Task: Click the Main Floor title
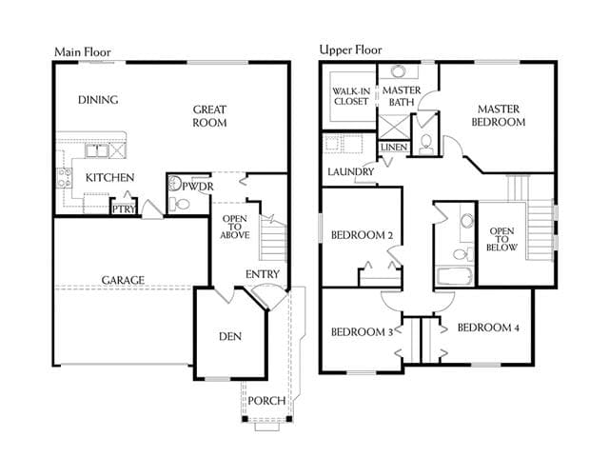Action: pos(83,52)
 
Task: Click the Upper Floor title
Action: pos(350,50)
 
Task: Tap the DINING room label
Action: pos(98,100)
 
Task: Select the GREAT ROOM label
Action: pos(209,116)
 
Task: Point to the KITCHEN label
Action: pos(110,178)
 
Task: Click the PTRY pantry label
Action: pos(124,209)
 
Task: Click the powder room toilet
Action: pos(180,204)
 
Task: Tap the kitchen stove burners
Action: pos(65,177)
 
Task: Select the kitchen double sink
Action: pos(97,150)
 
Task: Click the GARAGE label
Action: pos(123,280)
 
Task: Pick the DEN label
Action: pos(230,336)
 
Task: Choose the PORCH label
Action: pos(266,401)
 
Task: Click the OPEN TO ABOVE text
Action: pos(235,227)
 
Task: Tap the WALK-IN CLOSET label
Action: pos(351,96)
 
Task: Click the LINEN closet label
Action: pos(394,148)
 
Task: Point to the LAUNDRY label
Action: pos(351,171)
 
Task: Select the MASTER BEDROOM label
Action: pos(499,115)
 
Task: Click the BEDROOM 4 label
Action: pos(488,328)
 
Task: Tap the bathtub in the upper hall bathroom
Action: pos(455,276)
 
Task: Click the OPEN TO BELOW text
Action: pos(501,239)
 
